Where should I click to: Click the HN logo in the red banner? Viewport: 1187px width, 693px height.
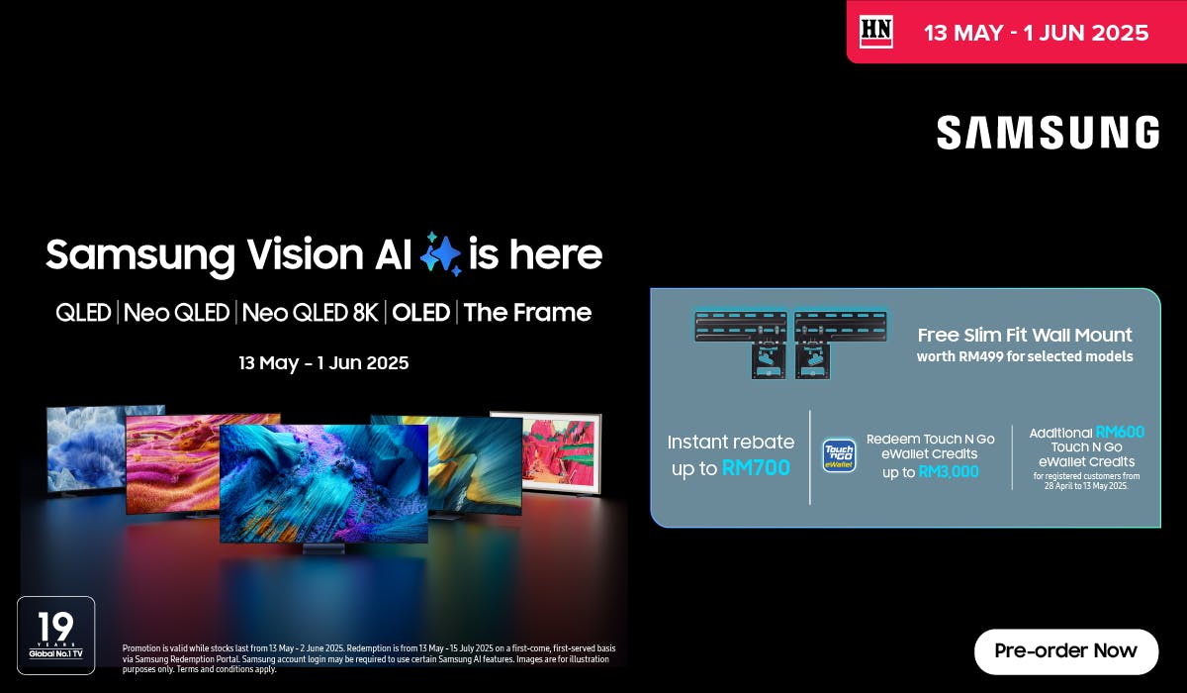(876, 32)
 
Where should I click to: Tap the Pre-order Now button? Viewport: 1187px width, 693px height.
(1065, 651)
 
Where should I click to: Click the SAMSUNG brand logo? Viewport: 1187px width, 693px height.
(1048, 133)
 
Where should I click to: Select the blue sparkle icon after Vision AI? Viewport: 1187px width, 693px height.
(440, 254)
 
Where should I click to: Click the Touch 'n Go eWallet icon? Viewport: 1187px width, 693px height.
(839, 455)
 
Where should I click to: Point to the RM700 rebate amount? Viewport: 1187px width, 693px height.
(756, 467)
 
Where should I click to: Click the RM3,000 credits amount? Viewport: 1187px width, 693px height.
(949, 471)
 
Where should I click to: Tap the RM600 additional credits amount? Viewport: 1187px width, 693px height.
(1120, 432)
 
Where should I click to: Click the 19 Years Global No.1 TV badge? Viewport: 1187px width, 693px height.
(56, 636)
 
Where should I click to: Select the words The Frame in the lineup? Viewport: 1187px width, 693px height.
(527, 312)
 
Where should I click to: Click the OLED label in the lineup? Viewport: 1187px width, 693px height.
(420, 312)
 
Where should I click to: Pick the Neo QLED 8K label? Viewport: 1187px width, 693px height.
(310, 312)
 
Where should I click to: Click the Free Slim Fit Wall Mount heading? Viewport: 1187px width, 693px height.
(1025, 335)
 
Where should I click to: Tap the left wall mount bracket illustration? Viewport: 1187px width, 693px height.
(741, 344)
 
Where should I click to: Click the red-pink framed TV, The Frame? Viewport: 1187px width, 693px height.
(562, 452)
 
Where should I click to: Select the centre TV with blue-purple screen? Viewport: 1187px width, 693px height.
(323, 482)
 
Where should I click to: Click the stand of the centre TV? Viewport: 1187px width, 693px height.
(323, 548)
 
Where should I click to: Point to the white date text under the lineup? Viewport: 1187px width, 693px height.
(323, 363)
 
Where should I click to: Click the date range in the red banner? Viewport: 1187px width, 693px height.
(1036, 33)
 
